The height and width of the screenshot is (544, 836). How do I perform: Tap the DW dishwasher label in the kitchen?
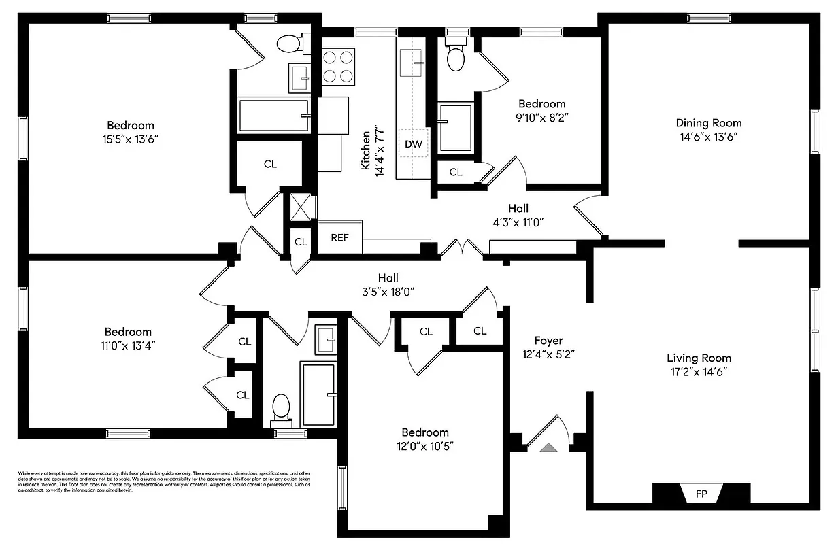[413, 144]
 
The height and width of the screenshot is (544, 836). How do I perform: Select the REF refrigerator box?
[339, 237]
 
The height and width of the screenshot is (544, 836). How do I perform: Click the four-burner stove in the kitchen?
[338, 67]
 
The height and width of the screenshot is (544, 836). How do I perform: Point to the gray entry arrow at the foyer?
[548, 447]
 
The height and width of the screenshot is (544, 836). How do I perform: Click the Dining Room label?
[708, 123]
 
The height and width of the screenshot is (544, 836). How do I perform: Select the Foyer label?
[548, 340]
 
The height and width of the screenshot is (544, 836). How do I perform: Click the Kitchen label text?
[366, 150]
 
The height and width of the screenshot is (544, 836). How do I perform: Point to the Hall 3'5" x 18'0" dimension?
[388, 291]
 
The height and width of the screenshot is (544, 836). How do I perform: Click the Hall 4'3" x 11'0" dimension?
[518, 222]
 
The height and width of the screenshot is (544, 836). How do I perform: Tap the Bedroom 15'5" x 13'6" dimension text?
[130, 139]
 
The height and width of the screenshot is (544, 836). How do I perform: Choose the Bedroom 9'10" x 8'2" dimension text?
[541, 117]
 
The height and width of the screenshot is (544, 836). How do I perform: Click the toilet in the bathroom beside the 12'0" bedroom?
[281, 409]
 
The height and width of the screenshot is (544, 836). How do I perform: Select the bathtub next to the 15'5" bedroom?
[273, 116]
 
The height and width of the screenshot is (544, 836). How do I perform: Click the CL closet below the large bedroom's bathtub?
[270, 164]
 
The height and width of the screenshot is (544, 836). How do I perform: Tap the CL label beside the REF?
[300, 241]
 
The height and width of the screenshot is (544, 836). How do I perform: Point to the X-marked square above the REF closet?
[300, 207]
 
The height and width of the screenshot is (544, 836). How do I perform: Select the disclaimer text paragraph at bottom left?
[164, 481]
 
